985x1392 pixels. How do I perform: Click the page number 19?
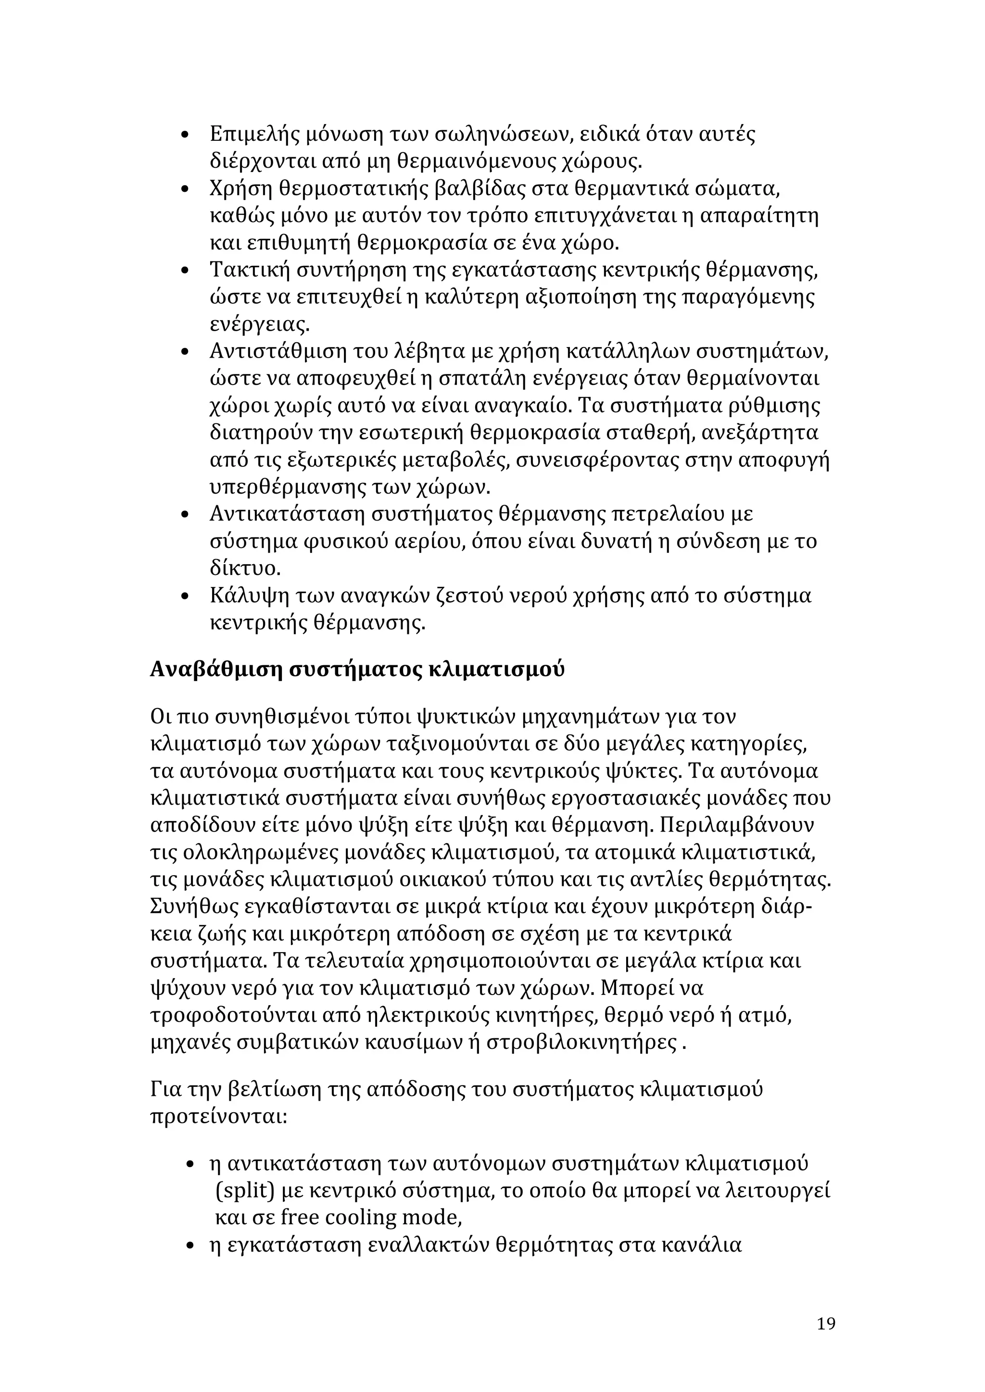click(825, 1323)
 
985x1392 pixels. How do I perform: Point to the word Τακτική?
click(249, 270)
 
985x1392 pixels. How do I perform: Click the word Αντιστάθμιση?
click(269, 352)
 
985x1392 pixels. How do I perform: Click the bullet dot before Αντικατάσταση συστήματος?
click(187, 515)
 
